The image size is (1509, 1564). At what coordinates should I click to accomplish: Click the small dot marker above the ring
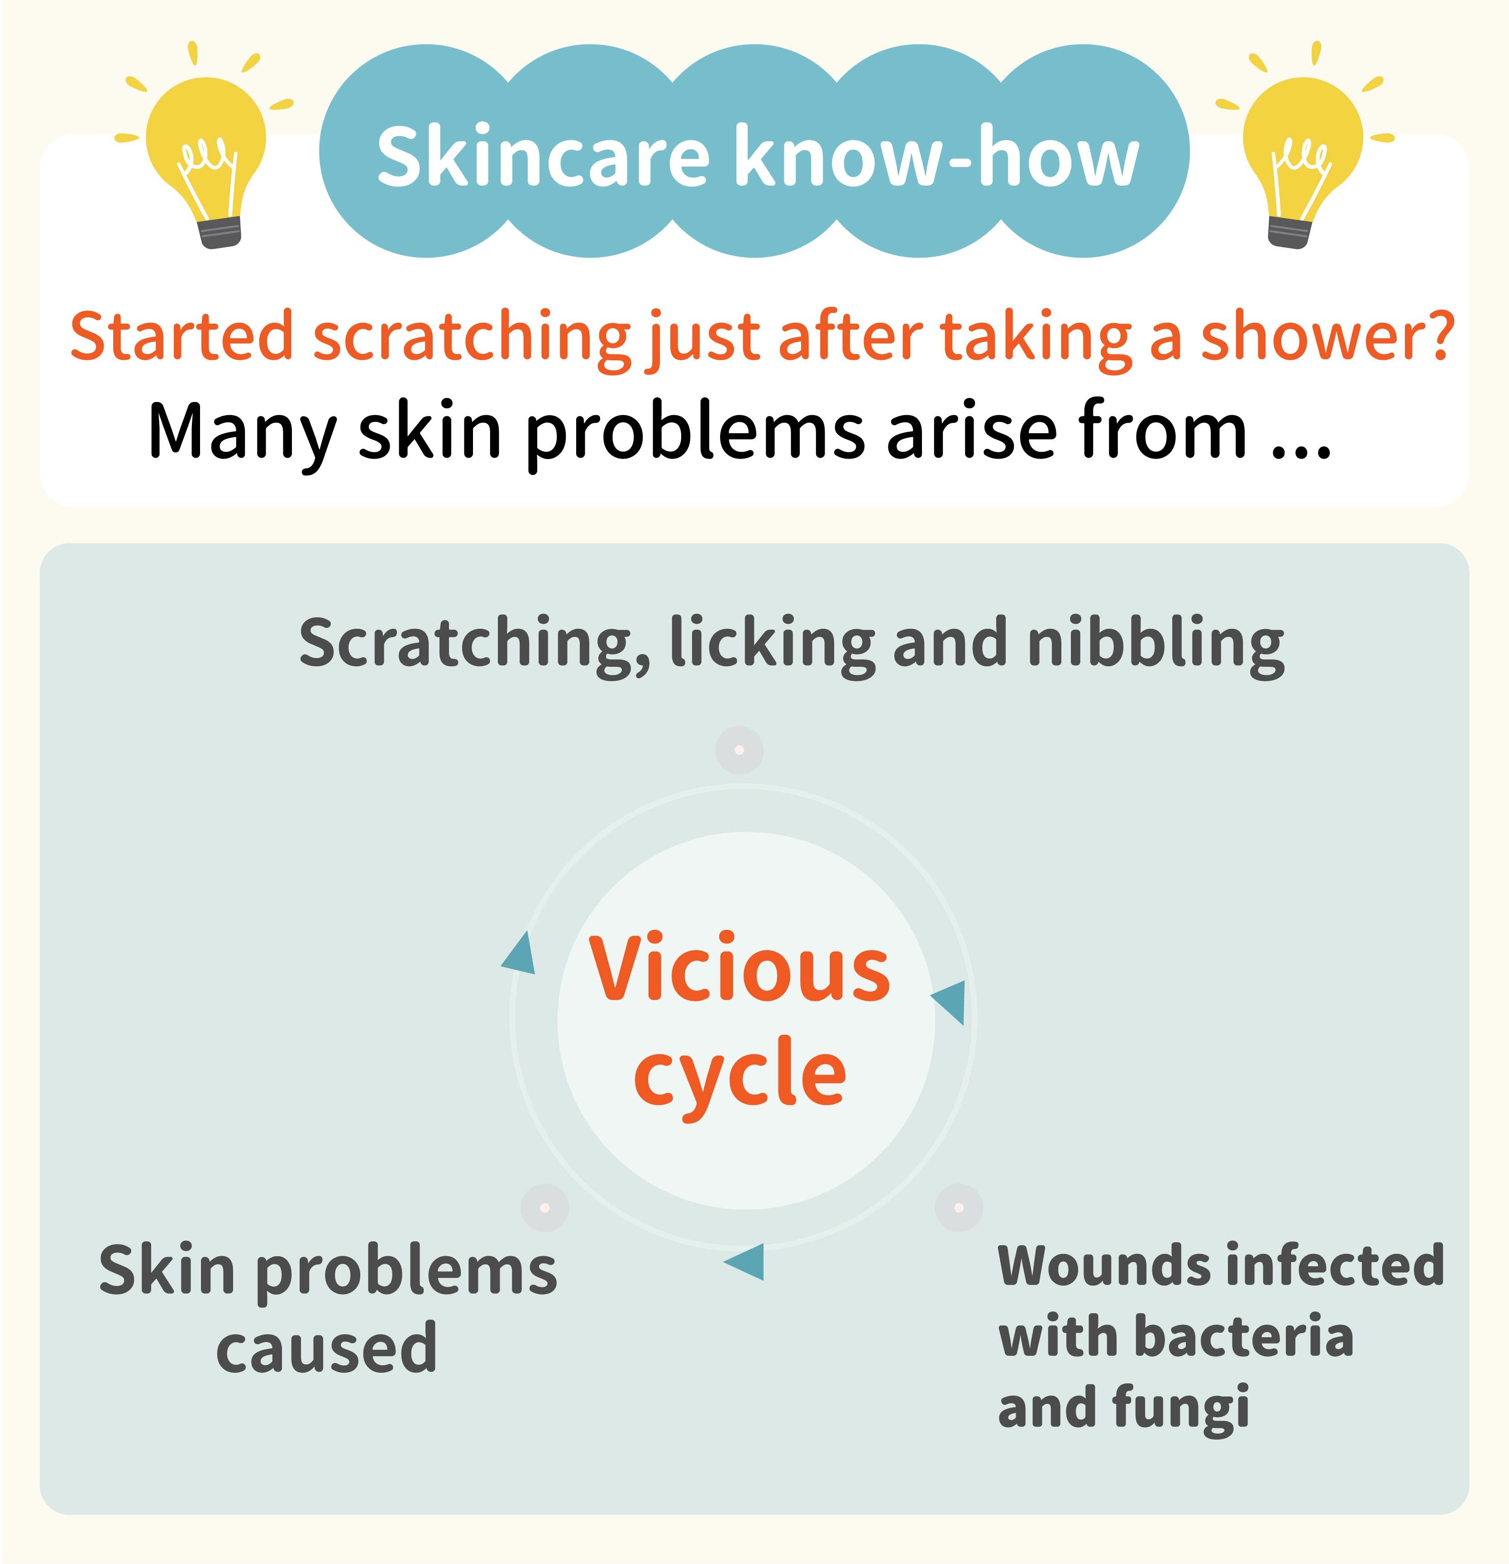[739, 750]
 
